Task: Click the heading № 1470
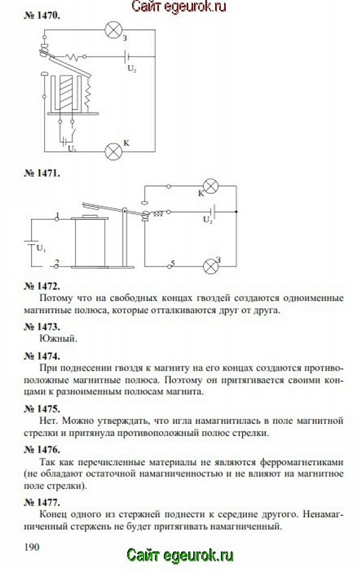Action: pos(42,15)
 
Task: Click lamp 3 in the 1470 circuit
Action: pos(114,30)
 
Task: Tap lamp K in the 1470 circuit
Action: pos(114,150)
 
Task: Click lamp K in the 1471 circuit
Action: pos(210,186)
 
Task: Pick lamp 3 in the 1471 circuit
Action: pos(210,266)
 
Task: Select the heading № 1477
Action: pos(42,502)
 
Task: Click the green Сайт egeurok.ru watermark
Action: pos(180,555)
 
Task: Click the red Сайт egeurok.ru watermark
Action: pos(180,7)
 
